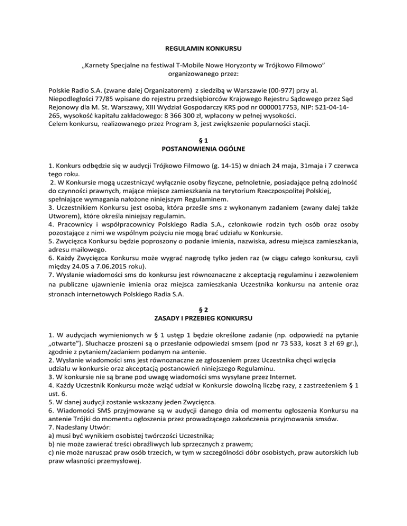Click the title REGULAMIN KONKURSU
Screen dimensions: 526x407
203,49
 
